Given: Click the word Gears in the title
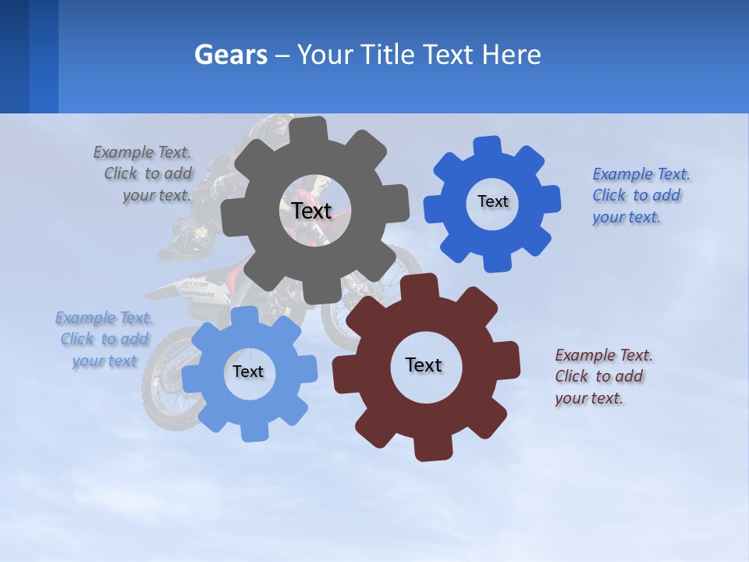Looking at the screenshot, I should click(x=231, y=55).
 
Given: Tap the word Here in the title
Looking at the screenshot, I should click(x=512, y=55).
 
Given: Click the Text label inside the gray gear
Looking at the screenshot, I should click(x=311, y=211).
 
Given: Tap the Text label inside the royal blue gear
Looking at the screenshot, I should click(x=492, y=201).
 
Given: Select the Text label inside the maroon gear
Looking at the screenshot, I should click(x=424, y=365).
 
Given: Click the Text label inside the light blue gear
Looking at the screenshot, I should click(x=248, y=372).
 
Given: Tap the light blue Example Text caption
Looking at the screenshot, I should click(x=104, y=339).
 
